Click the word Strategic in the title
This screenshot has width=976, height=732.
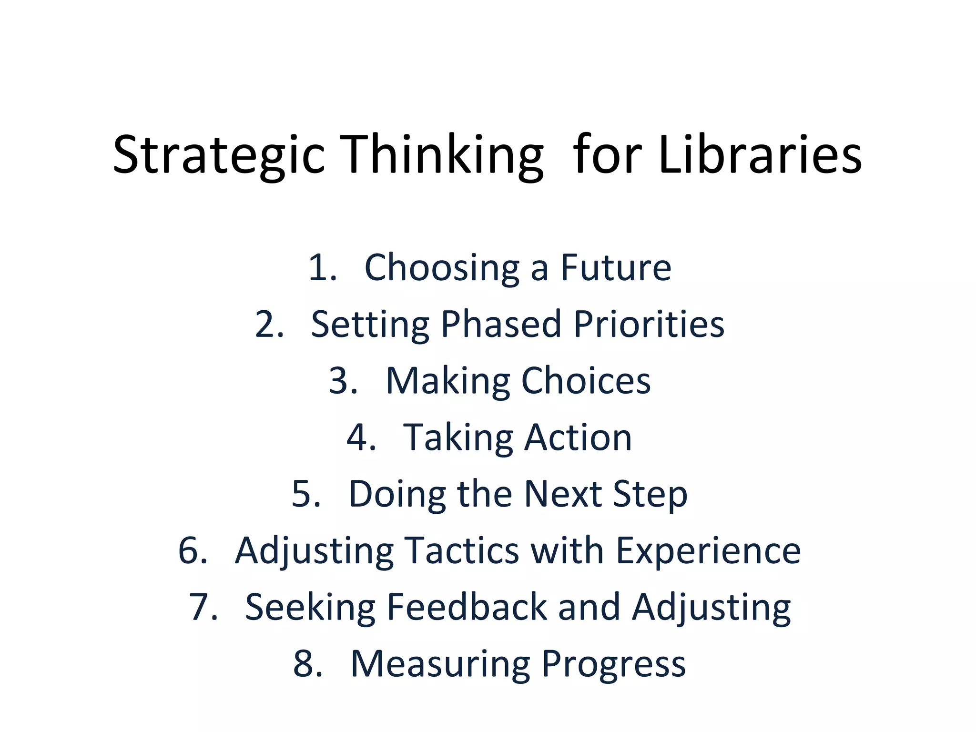219,155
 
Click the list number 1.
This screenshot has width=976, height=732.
322,267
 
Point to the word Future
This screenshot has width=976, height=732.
616,267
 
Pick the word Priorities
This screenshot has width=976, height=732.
649,324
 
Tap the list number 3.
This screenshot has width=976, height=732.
343,380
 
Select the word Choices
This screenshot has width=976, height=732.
586,380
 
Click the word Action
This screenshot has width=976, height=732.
578,437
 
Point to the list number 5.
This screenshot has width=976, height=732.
306,494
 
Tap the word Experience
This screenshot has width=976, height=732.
708,550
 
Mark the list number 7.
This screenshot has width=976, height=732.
203,607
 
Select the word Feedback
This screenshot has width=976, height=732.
467,607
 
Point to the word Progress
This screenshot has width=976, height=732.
614,663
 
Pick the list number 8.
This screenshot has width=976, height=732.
307,663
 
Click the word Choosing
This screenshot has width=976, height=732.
441,267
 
